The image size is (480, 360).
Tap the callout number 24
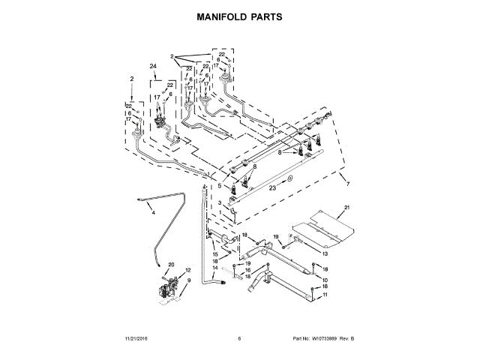tap(153, 67)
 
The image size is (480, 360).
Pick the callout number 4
tap(153, 212)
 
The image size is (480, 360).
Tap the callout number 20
tap(170, 265)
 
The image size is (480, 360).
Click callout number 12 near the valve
tap(188, 270)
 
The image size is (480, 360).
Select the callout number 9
tap(188, 280)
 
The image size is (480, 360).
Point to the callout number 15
tap(215, 254)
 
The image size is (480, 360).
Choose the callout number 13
tap(325, 254)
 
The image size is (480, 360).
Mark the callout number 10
tap(325, 279)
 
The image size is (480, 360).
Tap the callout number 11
tap(325, 295)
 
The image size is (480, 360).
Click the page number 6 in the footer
tap(239, 339)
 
